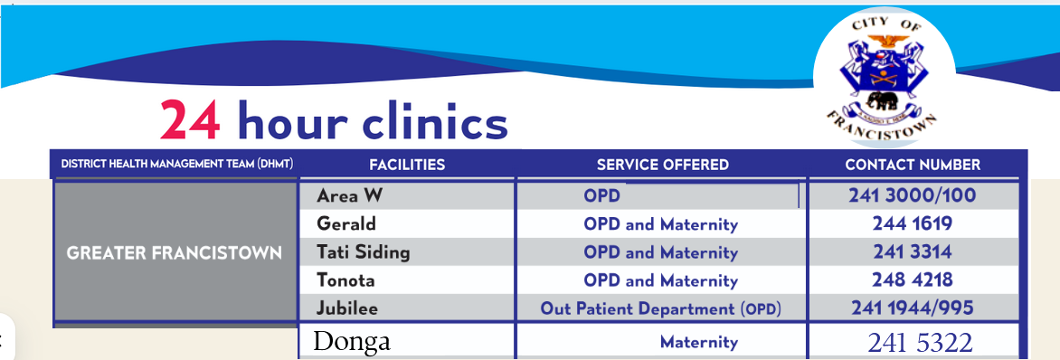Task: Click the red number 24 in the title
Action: pyautogui.click(x=191, y=119)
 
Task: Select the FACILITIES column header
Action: pyautogui.click(x=407, y=165)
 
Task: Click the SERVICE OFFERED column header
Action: pyautogui.click(x=662, y=165)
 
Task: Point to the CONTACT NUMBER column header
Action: pyautogui.click(x=913, y=165)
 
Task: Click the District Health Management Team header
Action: pyautogui.click(x=177, y=165)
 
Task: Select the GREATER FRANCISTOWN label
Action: pyautogui.click(x=175, y=254)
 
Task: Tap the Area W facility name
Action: pyautogui.click(x=349, y=196)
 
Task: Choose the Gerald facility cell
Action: pyautogui.click(x=346, y=224)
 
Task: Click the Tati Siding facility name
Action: pyautogui.click(x=363, y=252)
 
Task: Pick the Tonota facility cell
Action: pyautogui.click(x=345, y=280)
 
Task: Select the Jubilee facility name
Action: pyautogui.click(x=346, y=308)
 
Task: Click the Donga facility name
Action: pyautogui.click(x=352, y=340)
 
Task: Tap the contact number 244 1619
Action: pyautogui.click(x=912, y=224)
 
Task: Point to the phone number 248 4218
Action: pyautogui.click(x=912, y=280)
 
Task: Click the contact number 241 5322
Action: pyautogui.click(x=920, y=342)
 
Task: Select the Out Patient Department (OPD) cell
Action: pyautogui.click(x=660, y=309)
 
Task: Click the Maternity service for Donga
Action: pyautogui.click(x=699, y=343)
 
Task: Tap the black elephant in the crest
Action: pyautogui.click(x=883, y=100)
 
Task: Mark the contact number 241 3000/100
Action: pyautogui.click(x=912, y=196)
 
